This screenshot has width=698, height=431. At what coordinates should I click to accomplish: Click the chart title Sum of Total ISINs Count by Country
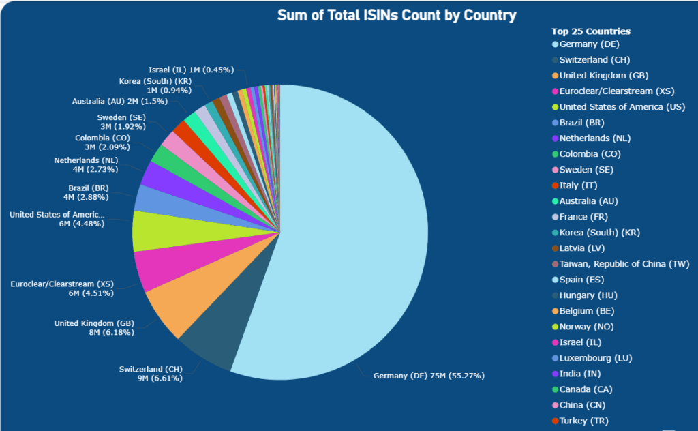click(397, 15)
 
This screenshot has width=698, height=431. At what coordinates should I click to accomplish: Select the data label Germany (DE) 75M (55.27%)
click(429, 376)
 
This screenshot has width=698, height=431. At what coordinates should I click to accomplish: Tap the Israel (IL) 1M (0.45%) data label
click(192, 70)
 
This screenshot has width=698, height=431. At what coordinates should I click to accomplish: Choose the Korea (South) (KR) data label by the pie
click(155, 85)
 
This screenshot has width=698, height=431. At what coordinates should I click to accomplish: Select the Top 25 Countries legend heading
click(590, 31)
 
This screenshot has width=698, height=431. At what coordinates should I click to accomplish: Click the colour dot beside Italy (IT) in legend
click(555, 185)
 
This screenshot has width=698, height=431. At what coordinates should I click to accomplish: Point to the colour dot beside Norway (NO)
click(555, 327)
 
